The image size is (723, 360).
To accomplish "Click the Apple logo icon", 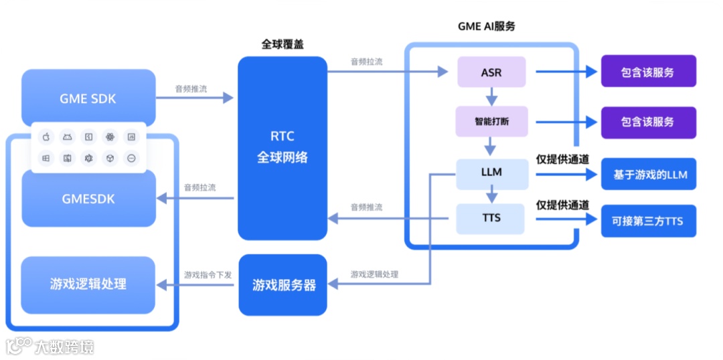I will pos(46,137).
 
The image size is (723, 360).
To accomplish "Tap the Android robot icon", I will pos(67,137).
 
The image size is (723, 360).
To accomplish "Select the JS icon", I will pos(88,137).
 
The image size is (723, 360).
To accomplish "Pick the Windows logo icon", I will pos(46,159).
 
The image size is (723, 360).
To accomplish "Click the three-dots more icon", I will pos(131,159).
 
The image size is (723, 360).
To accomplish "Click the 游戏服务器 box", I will pos(283,285).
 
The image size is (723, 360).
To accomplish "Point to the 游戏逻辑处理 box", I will pos(88,284).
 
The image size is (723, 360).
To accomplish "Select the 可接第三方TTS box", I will pos(649,221).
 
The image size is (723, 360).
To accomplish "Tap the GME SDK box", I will pos(88,98).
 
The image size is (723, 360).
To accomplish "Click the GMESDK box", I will pos(88,199).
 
